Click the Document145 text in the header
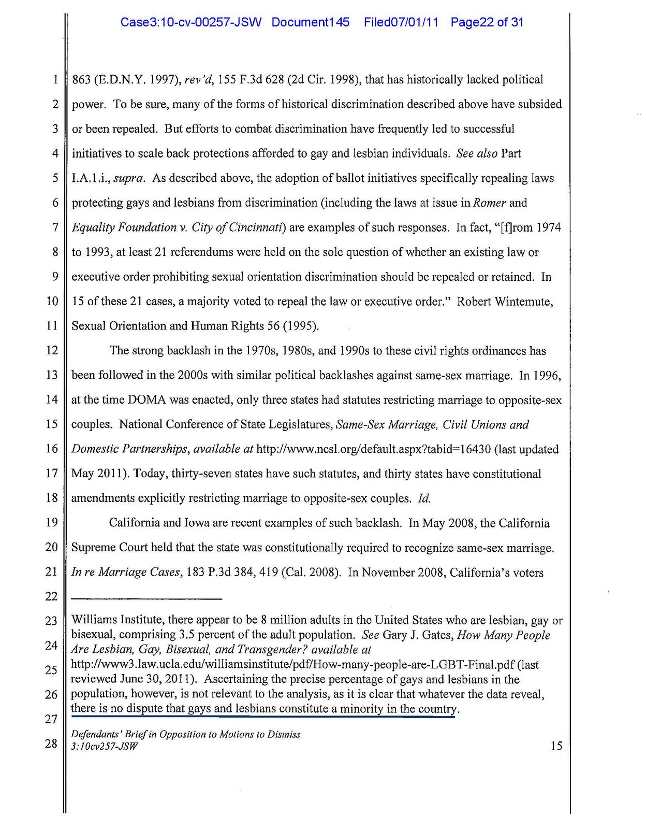click(x=310, y=22)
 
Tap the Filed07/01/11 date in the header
click(x=401, y=22)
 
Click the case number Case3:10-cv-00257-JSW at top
click(x=190, y=22)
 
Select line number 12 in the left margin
click(x=52, y=351)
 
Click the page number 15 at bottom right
click(x=556, y=746)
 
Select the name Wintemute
click(x=527, y=302)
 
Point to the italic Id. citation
click(x=424, y=498)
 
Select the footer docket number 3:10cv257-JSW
click(x=105, y=747)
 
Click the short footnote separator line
click(x=146, y=599)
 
